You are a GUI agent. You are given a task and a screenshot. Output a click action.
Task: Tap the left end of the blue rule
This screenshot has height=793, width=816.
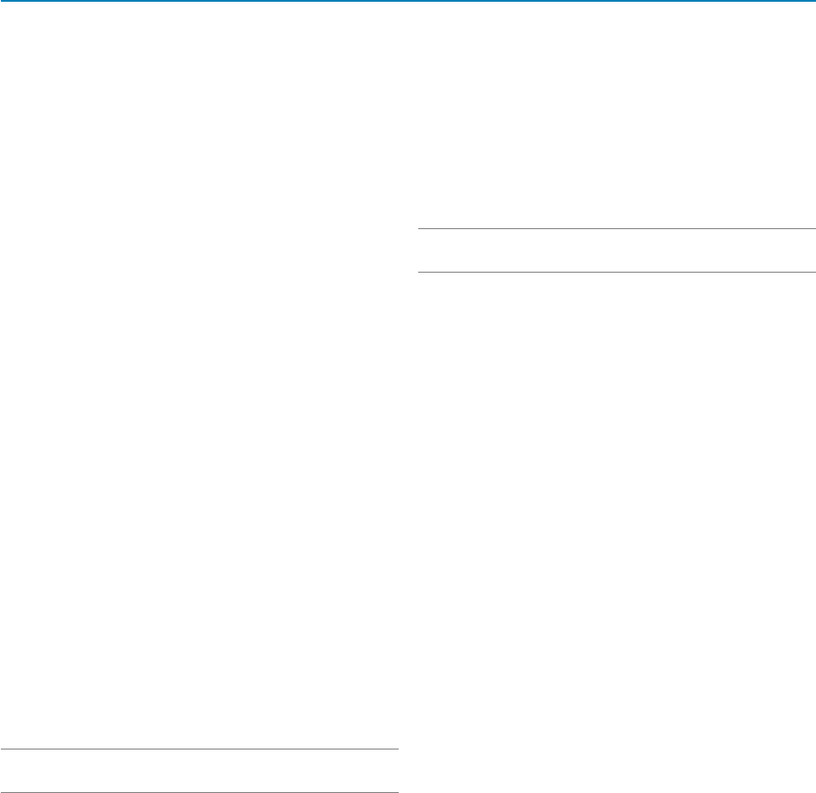2,1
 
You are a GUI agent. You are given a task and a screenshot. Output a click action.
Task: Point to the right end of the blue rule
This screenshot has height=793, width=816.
813,1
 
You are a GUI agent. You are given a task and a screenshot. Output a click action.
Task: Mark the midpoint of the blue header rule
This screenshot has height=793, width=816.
408,1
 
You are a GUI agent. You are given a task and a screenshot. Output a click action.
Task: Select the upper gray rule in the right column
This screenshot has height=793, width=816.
616,230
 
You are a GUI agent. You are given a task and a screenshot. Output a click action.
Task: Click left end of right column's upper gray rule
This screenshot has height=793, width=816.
419,230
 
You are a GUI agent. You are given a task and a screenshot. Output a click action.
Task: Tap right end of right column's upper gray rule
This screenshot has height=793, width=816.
813,230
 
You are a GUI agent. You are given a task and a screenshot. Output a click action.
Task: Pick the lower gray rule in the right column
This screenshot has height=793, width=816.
616,272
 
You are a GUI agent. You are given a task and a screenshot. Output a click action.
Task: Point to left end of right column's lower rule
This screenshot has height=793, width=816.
419,272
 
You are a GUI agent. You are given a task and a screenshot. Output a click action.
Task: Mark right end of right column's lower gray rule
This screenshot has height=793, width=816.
813,272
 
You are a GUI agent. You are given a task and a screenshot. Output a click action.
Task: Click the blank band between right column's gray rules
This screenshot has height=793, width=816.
616,251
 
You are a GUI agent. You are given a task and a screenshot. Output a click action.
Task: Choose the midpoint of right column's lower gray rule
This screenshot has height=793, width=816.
616,272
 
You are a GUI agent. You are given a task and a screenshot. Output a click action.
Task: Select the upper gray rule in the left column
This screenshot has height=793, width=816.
199,750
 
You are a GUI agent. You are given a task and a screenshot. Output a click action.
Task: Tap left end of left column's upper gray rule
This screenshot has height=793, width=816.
2,750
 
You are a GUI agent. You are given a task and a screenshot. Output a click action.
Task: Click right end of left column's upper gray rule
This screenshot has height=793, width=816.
396,750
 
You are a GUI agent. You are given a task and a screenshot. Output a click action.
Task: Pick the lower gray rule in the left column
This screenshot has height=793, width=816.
199,791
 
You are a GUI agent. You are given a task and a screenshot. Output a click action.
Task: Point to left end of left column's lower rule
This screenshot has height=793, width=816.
2,791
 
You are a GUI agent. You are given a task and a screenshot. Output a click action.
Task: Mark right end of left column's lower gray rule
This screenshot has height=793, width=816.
396,791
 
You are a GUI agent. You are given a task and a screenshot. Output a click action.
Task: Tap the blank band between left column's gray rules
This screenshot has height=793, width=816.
199,771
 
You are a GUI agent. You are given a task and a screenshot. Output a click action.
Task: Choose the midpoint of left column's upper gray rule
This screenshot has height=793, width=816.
199,750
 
